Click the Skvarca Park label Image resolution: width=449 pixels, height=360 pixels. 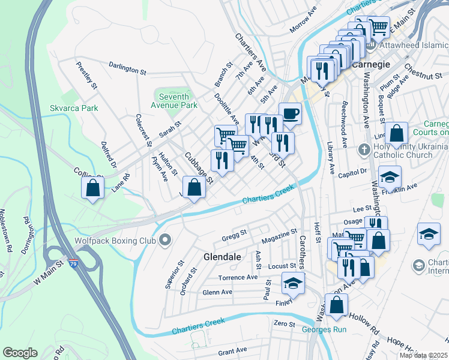[73, 109]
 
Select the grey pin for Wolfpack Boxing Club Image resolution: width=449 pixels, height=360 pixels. [165, 241]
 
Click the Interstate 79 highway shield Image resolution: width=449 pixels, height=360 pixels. [73, 263]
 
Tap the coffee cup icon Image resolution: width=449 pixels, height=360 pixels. [290, 113]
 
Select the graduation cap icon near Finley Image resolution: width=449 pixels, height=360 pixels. [292, 283]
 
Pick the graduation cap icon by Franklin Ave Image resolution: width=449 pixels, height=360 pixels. [390, 177]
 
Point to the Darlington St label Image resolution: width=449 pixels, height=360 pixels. [127, 70]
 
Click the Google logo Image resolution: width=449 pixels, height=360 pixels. [20, 353]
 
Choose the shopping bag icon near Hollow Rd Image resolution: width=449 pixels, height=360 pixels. [337, 305]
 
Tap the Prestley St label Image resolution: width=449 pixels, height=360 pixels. [87, 75]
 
